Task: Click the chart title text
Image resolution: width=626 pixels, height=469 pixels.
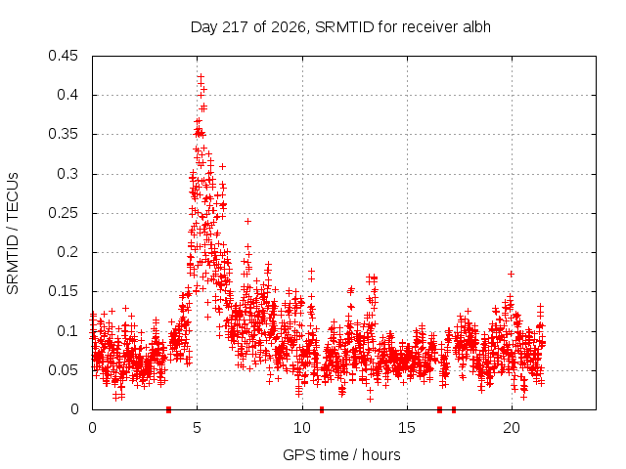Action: point(340,27)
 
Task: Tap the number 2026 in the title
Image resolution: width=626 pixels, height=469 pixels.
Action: point(288,27)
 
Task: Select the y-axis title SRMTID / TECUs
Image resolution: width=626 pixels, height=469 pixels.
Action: point(13,234)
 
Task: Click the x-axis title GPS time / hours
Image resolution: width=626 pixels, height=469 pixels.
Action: point(341,454)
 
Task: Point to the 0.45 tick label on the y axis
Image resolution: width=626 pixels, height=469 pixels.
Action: point(63,56)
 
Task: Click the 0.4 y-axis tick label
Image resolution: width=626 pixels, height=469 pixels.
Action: point(67,95)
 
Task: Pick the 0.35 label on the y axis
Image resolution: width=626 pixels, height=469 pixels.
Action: point(63,134)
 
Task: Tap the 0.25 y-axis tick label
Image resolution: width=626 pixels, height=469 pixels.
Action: point(63,213)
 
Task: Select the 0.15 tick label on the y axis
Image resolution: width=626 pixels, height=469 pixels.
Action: point(63,291)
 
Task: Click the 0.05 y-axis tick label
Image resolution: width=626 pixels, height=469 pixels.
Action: point(63,370)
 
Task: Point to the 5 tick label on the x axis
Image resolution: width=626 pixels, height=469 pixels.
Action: point(198,428)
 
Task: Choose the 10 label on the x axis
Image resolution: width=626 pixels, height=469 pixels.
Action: point(302,428)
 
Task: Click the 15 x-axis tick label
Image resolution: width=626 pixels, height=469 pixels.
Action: point(407,428)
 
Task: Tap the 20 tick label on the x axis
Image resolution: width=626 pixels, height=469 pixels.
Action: point(512,428)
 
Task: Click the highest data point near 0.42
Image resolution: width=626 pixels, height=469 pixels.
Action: point(201,76)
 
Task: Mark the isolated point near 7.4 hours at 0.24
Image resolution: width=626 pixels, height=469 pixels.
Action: point(247,221)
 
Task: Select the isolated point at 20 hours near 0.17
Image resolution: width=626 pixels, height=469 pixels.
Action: point(511,274)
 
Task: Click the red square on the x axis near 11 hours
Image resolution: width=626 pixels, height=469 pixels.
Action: point(322,409)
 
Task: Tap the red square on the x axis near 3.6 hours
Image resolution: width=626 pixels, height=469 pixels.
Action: point(168,409)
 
